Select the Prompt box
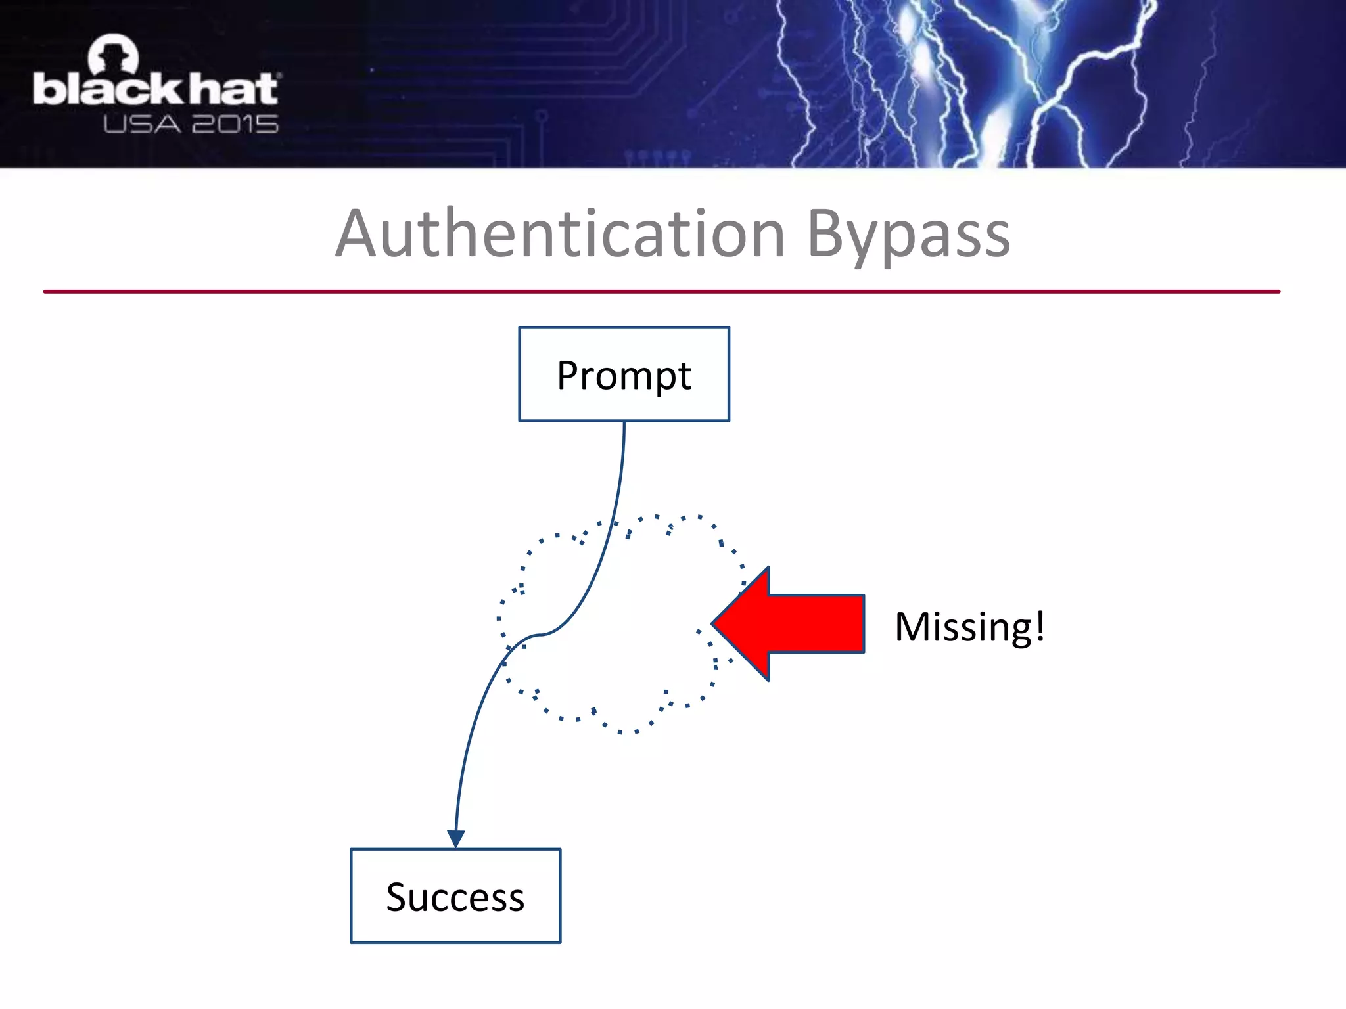[x=624, y=374]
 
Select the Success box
[x=455, y=896]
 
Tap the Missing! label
[x=969, y=627]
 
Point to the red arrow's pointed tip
[x=715, y=623]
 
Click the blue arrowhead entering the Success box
[x=456, y=838]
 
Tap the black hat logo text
[x=156, y=89]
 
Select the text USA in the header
[x=141, y=125]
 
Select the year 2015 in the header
[x=235, y=125]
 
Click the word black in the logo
[x=108, y=89]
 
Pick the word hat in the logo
[x=233, y=89]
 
